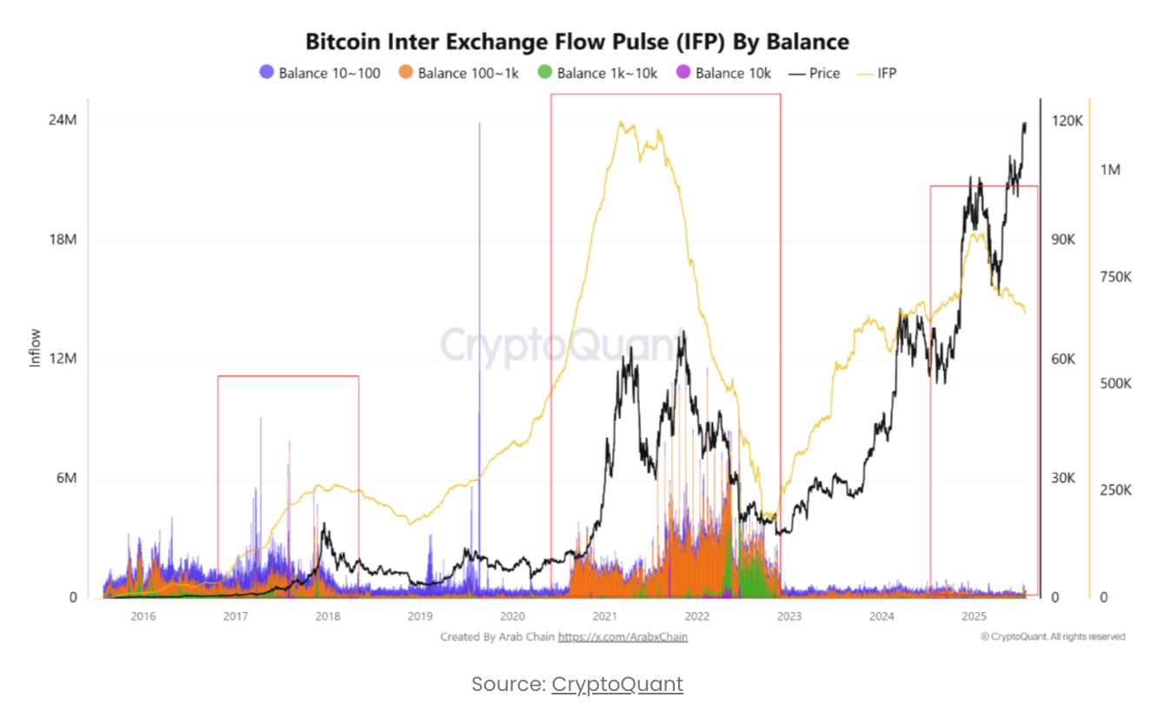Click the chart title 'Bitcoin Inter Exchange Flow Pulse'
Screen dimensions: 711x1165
point(576,41)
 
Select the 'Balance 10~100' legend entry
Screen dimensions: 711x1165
point(320,73)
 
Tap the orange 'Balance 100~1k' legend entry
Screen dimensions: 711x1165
point(458,73)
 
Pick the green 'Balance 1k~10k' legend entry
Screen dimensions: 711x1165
point(598,73)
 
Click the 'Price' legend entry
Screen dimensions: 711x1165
point(815,73)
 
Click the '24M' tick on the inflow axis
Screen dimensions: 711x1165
point(63,121)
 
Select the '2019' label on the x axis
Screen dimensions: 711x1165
point(420,616)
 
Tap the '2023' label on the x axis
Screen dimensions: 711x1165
point(789,616)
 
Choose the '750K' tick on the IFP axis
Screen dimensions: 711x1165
point(1115,276)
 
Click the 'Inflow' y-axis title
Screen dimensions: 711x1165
point(36,348)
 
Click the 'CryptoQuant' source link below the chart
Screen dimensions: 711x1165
point(617,684)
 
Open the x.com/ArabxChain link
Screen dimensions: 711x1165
point(622,637)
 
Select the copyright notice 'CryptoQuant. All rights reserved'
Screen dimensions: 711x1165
point(1053,636)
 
